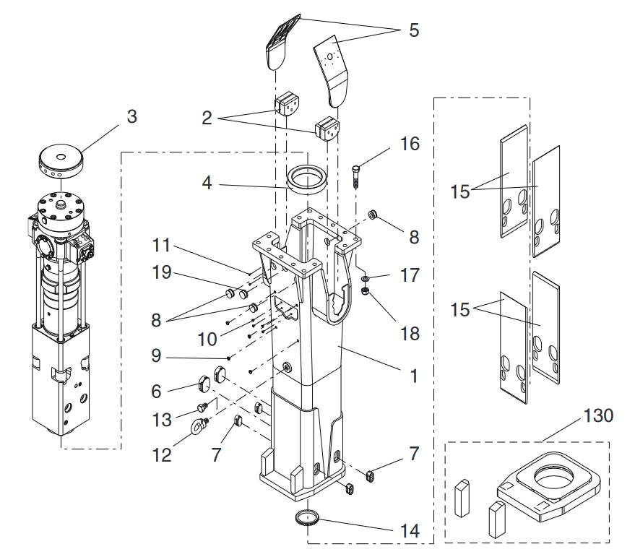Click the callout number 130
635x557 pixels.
pos(598,416)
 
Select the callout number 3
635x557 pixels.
pos(132,116)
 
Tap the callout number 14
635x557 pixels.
pos(410,531)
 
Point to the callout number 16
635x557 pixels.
pos(410,144)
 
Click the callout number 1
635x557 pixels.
pos(413,376)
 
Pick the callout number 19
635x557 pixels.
pos(162,272)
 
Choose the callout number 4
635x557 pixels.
pos(207,183)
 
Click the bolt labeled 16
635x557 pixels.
pos(356,176)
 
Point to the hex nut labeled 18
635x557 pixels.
pos(365,291)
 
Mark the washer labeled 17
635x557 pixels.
pos(365,278)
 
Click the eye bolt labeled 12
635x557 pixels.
pos(200,425)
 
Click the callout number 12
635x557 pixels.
pos(162,455)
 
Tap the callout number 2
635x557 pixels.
pos(207,118)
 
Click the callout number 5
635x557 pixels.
pos(413,30)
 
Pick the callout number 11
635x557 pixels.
pos(161,246)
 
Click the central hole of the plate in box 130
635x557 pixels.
pos(554,476)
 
